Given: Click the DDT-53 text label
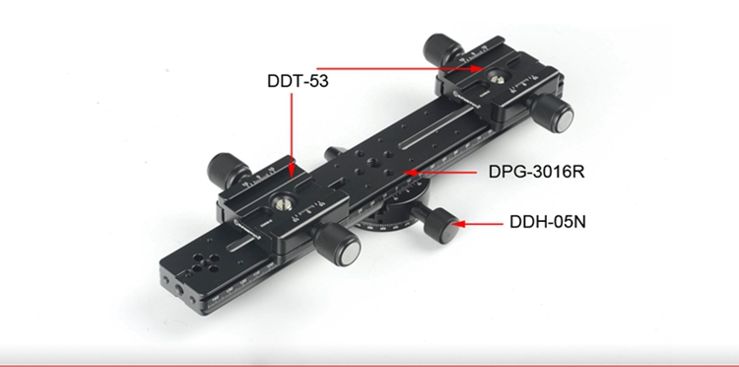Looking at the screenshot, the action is (298, 81).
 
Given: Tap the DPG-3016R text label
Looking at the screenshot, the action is (536, 172).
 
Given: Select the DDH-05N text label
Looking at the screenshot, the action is (548, 221).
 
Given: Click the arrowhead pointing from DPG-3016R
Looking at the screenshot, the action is (411, 173).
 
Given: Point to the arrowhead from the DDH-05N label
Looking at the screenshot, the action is (458, 224).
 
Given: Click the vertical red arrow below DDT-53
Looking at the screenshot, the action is (292, 136).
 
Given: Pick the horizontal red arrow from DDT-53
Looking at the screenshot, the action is (400, 69).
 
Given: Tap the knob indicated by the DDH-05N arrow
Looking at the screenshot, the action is (440, 225).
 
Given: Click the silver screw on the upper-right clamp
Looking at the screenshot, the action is (495, 79).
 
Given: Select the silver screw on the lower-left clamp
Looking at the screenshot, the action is (279, 204).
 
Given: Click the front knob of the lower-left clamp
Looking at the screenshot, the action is (337, 245).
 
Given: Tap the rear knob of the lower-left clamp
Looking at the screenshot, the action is (229, 168).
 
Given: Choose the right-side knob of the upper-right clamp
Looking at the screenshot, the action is (551, 113).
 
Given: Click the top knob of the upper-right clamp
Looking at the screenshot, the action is (442, 47).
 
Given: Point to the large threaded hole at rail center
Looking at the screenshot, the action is (373, 163).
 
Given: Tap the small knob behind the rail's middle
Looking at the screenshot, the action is (333, 153).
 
